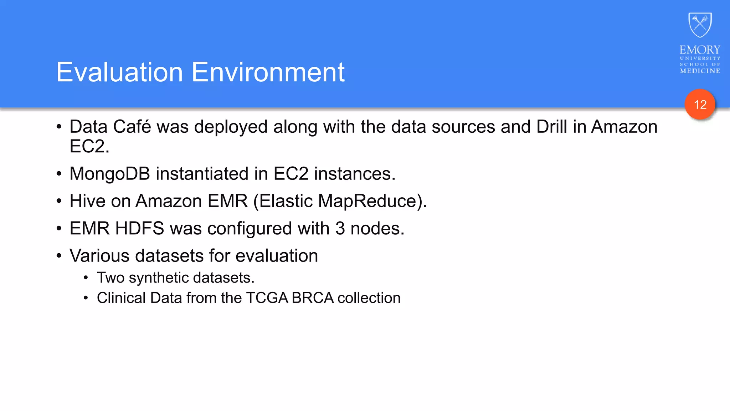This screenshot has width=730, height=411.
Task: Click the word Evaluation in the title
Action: coord(119,72)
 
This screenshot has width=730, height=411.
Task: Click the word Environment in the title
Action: coord(268,72)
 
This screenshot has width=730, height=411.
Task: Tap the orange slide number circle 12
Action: coord(700,105)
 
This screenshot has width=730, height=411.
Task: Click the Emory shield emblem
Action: coord(700,25)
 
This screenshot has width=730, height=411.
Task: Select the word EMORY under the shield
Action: coord(700,50)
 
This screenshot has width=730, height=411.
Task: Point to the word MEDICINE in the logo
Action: coord(700,71)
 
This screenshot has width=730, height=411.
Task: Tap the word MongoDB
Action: coord(110,174)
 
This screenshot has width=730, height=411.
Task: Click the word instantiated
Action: coord(202,174)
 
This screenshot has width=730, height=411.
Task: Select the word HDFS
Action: coord(140,229)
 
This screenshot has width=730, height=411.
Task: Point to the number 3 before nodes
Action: coord(340,229)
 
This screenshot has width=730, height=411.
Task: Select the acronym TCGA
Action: coord(267,298)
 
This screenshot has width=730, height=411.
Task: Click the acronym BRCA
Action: coord(312,298)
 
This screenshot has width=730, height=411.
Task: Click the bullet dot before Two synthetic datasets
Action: coord(86,278)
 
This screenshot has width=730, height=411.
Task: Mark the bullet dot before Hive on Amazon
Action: coord(59,201)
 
